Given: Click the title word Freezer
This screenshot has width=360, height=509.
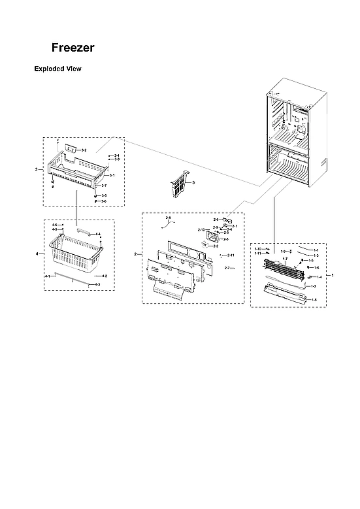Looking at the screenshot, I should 73,48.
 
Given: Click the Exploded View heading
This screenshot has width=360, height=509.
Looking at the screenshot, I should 57,69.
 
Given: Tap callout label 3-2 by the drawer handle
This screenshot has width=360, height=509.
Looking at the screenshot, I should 84,150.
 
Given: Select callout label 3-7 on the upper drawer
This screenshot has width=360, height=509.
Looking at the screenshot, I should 104,186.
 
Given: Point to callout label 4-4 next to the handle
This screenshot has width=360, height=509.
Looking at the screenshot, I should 97,234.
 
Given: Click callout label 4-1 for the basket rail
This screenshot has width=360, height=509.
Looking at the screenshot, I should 47,277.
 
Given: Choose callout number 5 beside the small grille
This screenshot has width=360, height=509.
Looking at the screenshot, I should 193,182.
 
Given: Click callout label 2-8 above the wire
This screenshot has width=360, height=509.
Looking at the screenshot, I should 168,217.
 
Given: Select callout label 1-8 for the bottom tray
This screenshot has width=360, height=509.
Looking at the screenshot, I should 314,299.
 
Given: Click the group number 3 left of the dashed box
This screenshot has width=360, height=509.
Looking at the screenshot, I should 36,170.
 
